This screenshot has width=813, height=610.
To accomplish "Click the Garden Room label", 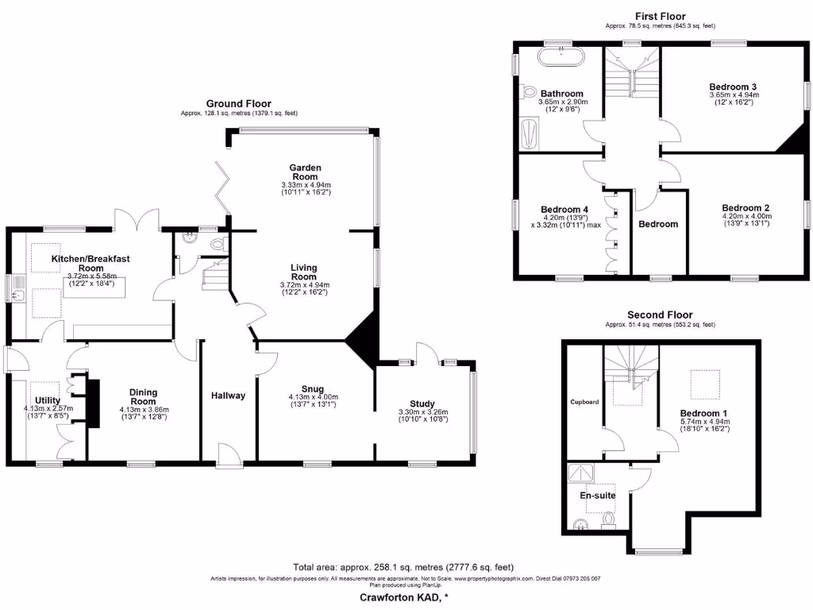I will point(305,172).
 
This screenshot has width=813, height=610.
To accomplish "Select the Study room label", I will point(422,403).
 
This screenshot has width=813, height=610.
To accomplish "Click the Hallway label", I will point(228,395).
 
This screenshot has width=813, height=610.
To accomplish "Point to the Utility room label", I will point(47,400).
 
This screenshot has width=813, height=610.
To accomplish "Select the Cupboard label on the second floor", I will point(584,402).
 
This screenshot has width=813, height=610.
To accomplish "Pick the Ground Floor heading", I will point(238,103).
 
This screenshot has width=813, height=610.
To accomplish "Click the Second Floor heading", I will point(660,315).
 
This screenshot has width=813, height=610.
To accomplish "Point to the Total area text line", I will point(403,567).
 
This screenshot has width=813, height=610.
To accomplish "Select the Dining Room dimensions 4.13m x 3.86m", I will point(143,410).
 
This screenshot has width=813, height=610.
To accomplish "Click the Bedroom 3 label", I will point(733,87).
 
